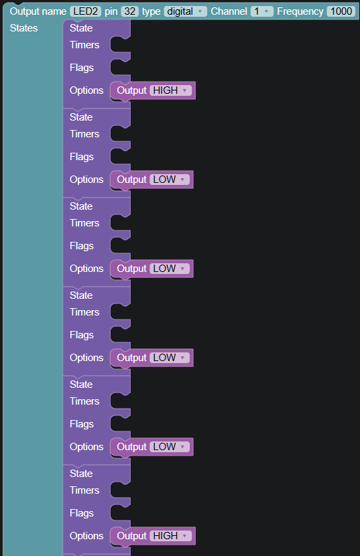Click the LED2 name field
(85, 11)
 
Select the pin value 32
(129, 11)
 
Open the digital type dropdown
(185, 11)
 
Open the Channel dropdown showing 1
(261, 11)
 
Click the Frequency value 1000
(341, 11)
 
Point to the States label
(23, 28)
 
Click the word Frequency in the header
(300, 11)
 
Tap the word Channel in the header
(229, 11)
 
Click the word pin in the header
(111, 11)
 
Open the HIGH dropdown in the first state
(170, 90)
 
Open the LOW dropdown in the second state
(170, 180)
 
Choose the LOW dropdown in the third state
(170, 269)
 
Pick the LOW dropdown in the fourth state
(170, 358)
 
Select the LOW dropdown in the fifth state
(170, 446)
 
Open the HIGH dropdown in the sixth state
(170, 535)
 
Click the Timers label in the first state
(84, 45)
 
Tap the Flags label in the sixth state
(82, 513)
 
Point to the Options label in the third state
(86, 269)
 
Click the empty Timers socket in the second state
(120, 134)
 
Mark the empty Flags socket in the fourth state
(120, 335)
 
